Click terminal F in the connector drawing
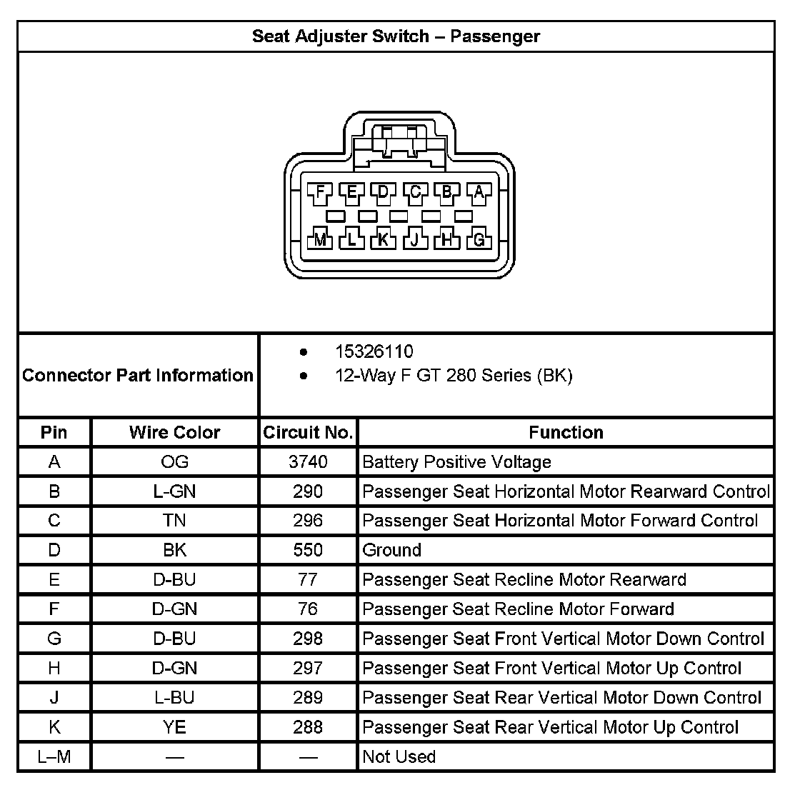click(320, 191)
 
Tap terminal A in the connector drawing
click(479, 191)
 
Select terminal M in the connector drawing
click(320, 240)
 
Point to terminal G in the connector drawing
click(479, 240)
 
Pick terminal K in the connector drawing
click(384, 240)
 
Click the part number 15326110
click(374, 351)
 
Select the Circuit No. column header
click(308, 432)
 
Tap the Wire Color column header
click(174, 432)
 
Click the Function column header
click(566, 432)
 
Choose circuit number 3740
click(308, 462)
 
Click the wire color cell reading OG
click(174, 462)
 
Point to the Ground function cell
click(392, 550)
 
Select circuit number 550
click(308, 550)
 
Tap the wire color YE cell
click(174, 727)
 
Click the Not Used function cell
click(399, 756)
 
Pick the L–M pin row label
click(54, 756)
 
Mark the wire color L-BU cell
click(174, 697)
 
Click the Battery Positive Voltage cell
click(457, 462)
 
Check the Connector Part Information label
click(138, 375)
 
